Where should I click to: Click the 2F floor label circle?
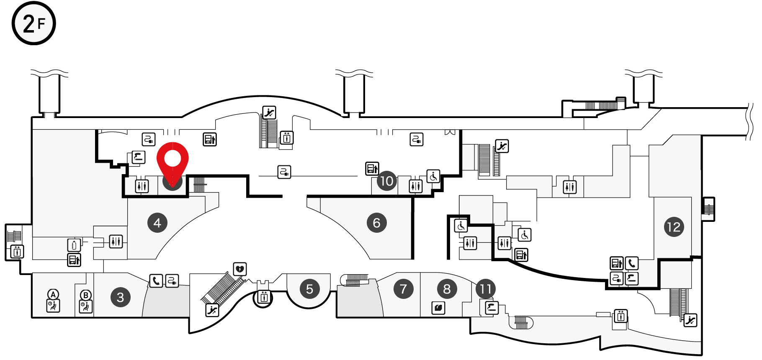pyautogui.click(x=33, y=23)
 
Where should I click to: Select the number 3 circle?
pyautogui.click(x=121, y=297)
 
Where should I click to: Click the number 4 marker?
pyautogui.click(x=157, y=223)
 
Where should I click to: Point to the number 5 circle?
pyautogui.click(x=310, y=289)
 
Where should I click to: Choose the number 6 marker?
pyautogui.click(x=377, y=223)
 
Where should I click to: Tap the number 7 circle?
pyautogui.click(x=404, y=289)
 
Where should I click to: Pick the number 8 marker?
pyautogui.click(x=447, y=289)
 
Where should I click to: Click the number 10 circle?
pyautogui.click(x=387, y=181)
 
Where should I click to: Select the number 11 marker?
pyautogui.click(x=486, y=289)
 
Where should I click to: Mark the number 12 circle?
pyautogui.click(x=674, y=227)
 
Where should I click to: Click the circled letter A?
pyautogui.click(x=53, y=294)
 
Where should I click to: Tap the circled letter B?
pyautogui.click(x=86, y=295)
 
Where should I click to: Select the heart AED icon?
pyautogui.click(x=240, y=269)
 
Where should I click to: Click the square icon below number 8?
pyautogui.click(x=438, y=308)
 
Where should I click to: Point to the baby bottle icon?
pyautogui.click(x=74, y=245)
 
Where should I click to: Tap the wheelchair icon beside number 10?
pyautogui.click(x=433, y=176)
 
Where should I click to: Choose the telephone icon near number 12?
pyautogui.click(x=632, y=263)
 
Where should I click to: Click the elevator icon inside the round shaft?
pyautogui.click(x=264, y=297)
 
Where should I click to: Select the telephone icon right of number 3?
pyautogui.click(x=156, y=280)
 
